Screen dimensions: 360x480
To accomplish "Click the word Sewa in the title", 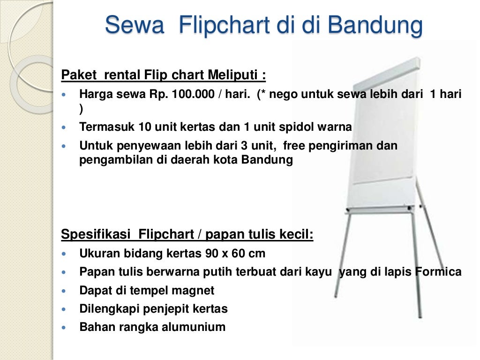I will pos(134,25).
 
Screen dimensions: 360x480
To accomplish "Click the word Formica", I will pos(439,272).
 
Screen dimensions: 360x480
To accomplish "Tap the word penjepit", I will pos(174,309).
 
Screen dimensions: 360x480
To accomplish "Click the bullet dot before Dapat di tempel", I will pos(65,291).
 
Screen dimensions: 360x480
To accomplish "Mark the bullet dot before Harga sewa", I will pos(65,95).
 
